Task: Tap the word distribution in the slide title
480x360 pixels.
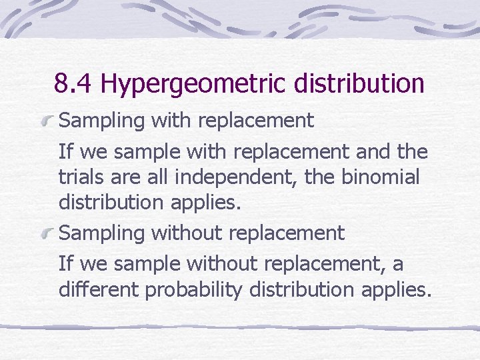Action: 354,84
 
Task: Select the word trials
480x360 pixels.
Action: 79,178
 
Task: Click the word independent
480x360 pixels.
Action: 229,178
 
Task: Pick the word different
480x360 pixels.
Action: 100,291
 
